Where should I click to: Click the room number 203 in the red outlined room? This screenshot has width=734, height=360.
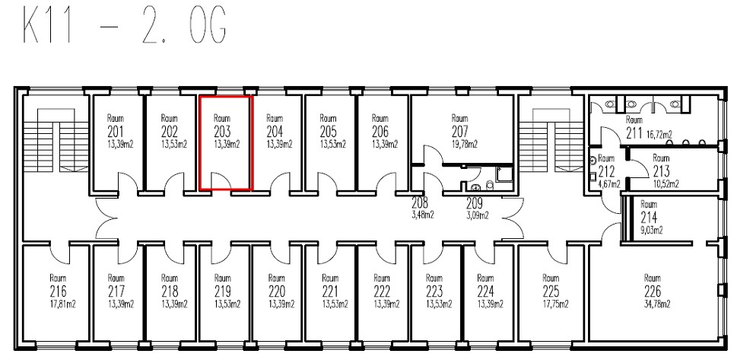(223, 132)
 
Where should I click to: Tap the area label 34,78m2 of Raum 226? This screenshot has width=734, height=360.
(656, 304)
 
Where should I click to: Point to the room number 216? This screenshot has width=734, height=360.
(58, 292)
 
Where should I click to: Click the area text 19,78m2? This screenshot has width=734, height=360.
(465, 145)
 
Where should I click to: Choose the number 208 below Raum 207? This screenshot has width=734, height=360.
(420, 203)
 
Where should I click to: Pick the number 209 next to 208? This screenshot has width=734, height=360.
(475, 203)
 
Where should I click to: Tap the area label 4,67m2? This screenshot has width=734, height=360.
(609, 184)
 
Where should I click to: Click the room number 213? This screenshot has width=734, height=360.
(661, 172)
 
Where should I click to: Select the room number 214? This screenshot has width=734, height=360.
(649, 218)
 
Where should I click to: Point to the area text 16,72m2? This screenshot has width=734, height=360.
(659, 135)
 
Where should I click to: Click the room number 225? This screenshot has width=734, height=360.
(551, 292)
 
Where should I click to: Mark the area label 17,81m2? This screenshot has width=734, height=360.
(62, 304)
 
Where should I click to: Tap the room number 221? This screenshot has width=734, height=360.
(330, 292)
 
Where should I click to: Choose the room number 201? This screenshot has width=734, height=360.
(116, 132)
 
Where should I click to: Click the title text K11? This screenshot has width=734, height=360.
(47, 26)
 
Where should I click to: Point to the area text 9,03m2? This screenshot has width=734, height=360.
(652, 231)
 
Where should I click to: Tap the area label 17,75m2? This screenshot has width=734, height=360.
(556, 304)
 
